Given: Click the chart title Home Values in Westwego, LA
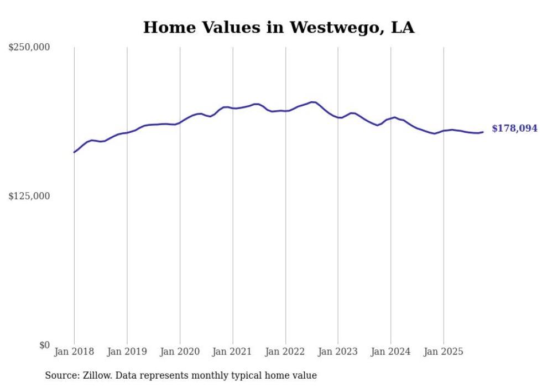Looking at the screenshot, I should [278, 27].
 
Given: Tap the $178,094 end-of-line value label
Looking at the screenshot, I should [514, 128].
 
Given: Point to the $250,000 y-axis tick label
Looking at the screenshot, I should [29, 48].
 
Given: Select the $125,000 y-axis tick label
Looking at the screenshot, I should [29, 196].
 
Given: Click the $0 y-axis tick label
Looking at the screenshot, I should [44, 345].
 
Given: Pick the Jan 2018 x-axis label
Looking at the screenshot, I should [74, 352].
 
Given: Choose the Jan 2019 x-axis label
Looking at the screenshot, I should [127, 352].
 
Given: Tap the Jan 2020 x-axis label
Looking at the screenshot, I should [180, 352].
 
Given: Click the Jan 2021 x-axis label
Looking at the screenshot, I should [233, 352].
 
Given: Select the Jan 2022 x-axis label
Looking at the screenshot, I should [285, 352].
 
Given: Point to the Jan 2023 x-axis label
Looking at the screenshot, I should [338, 352].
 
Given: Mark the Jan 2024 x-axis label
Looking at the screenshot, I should [391, 352].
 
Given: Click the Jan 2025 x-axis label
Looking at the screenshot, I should [444, 352].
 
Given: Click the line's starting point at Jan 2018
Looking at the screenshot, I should [74, 152].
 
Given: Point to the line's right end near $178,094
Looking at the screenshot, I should [483, 132].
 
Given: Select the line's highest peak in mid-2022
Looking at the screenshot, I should [312, 102].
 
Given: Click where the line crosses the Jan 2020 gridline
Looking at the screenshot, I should [180, 122].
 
